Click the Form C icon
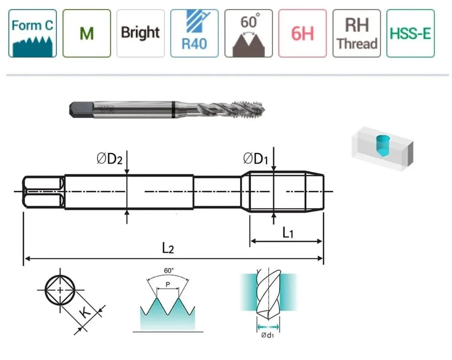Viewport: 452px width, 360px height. coord(32,33)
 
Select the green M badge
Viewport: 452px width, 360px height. coord(87,33)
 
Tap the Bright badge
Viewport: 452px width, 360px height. coord(140,33)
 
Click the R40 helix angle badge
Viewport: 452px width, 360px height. coord(194,33)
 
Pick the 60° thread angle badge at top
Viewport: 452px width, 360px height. coord(249,33)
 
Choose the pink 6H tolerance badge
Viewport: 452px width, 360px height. coord(302,33)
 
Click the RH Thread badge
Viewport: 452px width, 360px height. coord(357,33)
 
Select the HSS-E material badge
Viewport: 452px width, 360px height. coord(411,33)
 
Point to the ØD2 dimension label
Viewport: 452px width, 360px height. coord(110,159)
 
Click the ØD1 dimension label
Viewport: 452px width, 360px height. coord(256,159)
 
